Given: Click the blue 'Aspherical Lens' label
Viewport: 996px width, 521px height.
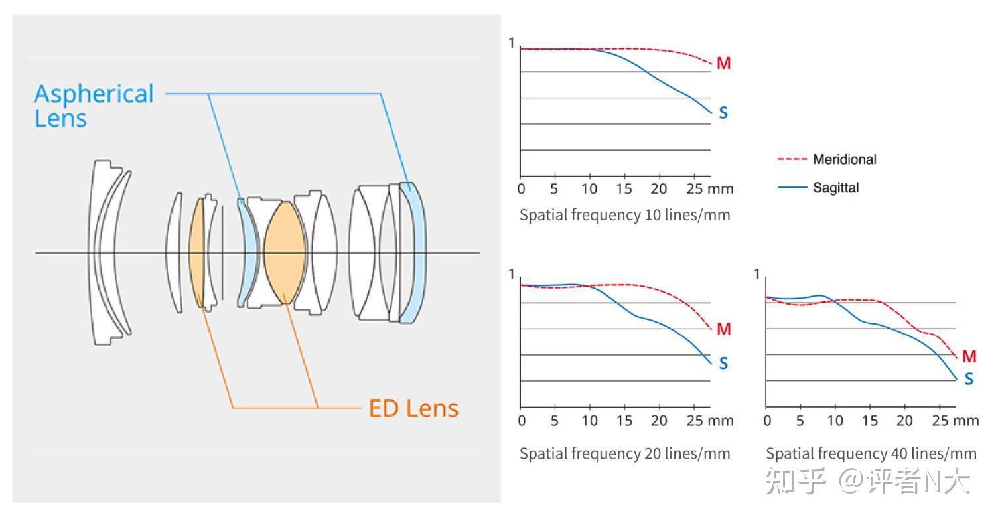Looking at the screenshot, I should click(x=93, y=106).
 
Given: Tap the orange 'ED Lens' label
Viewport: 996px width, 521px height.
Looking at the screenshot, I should click(x=413, y=408).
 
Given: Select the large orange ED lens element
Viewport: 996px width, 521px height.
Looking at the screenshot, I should click(x=284, y=252).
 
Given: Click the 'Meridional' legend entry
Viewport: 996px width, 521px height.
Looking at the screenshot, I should click(x=844, y=159).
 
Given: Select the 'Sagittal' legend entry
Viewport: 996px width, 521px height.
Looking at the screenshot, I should click(x=835, y=188).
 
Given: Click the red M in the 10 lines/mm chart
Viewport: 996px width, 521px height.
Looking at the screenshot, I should click(x=723, y=64).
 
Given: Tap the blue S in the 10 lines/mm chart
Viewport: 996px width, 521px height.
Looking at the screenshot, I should click(x=723, y=113).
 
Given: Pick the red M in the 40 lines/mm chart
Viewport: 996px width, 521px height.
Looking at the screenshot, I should click(x=969, y=357).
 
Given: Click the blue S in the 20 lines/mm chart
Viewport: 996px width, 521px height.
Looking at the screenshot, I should click(x=723, y=364).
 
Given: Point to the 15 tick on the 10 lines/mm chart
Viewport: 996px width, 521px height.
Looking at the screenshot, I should click(x=624, y=189).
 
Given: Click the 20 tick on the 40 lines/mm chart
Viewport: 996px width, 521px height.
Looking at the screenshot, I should click(x=904, y=421).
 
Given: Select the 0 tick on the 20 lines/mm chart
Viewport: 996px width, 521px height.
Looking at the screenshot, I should click(x=522, y=421).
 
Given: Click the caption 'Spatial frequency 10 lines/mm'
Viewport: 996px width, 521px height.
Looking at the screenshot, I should click(x=624, y=215).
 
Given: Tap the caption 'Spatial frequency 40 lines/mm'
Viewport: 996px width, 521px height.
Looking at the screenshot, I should click(x=871, y=453).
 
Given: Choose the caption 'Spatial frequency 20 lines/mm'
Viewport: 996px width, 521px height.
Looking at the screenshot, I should click(x=624, y=453).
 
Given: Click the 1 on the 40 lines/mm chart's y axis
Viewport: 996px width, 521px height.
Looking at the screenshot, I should click(x=758, y=274).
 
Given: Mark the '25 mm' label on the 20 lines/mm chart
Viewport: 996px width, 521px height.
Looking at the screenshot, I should click(x=709, y=421).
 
